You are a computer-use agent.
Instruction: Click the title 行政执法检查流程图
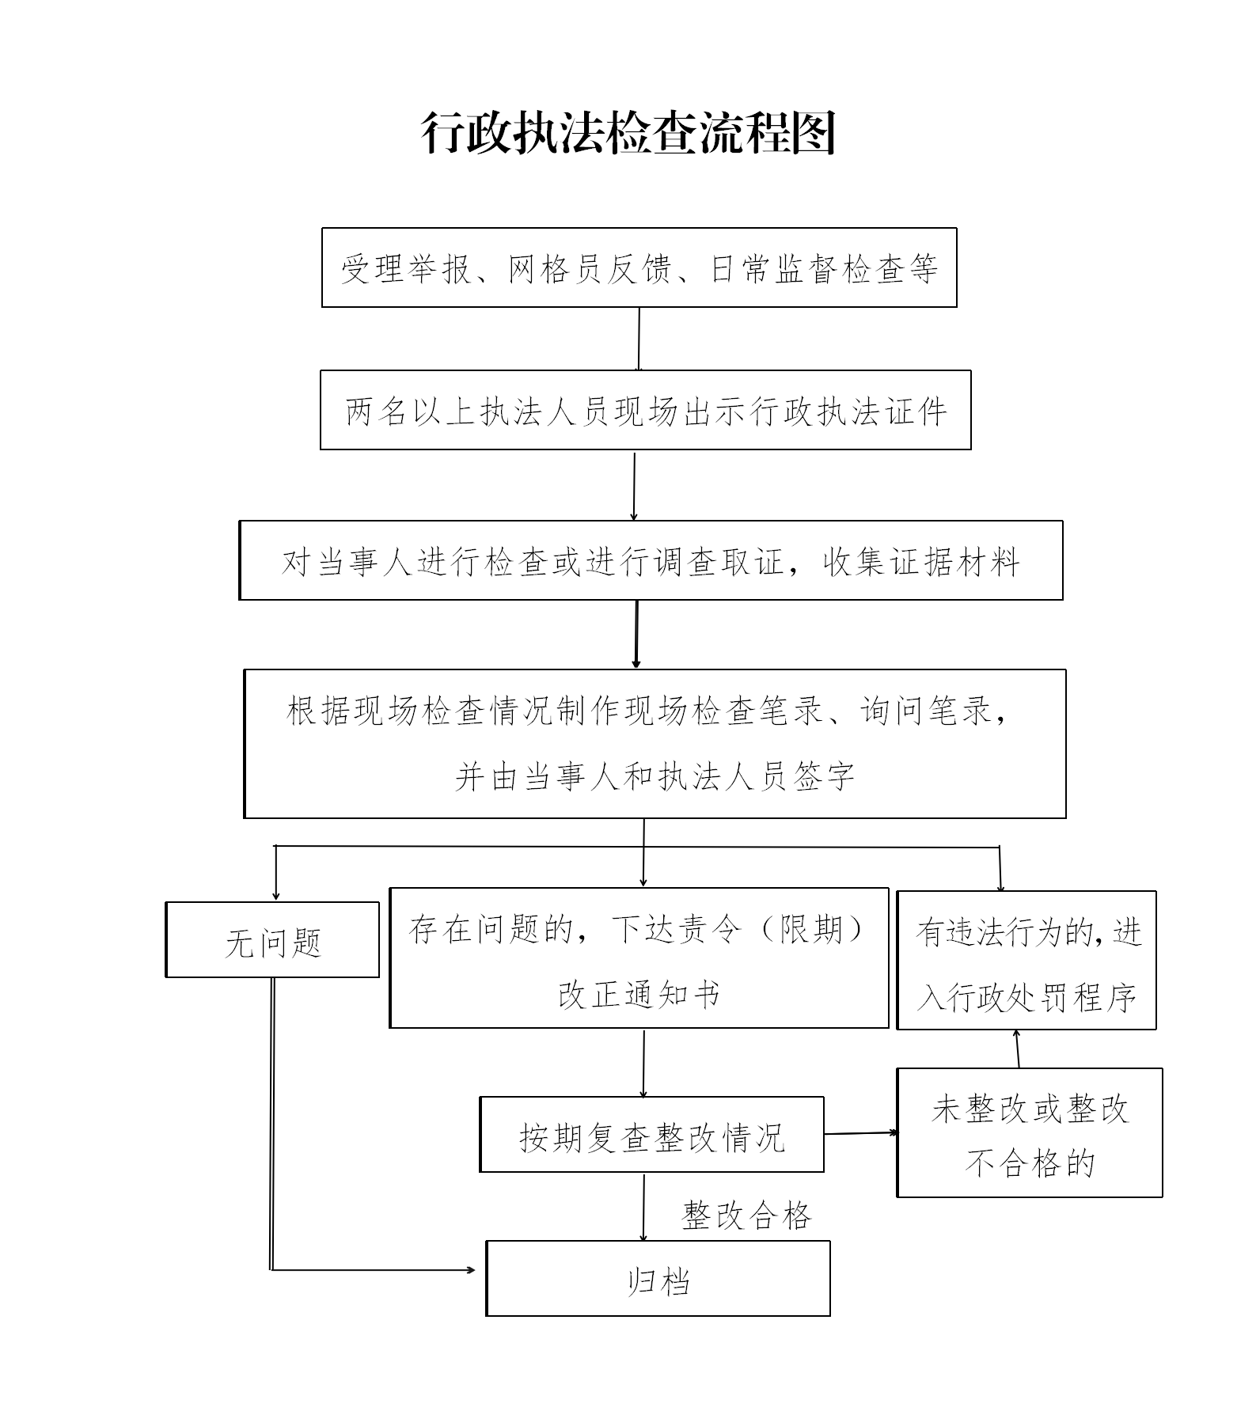pos(628,133)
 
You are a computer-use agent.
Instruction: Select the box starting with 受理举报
pos(639,267)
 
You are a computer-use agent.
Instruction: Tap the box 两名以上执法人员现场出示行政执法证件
pos(645,410)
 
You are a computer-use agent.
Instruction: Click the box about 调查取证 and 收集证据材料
pos(651,560)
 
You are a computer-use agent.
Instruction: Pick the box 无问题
pos(272,940)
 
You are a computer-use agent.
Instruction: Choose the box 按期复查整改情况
pos(651,1134)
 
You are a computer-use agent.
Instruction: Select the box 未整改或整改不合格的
pos(1029,1132)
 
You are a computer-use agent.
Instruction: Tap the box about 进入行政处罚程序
pos(1026,961)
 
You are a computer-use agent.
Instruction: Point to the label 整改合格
pos(746,1215)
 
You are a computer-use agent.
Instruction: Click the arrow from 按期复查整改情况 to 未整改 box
pos(860,1133)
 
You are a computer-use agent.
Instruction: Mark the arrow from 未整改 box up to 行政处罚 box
pos(1018,1049)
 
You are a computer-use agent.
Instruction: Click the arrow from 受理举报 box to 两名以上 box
pos(639,339)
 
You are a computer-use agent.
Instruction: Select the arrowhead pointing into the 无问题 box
pos(275,895)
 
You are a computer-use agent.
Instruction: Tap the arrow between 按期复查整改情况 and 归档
pos(643,1206)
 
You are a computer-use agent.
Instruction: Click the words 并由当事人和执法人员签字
pos(655,776)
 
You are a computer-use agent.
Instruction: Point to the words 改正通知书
pos(639,995)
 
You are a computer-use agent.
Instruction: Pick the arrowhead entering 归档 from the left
pos(471,1270)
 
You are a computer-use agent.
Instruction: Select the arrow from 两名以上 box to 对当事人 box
pos(634,485)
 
